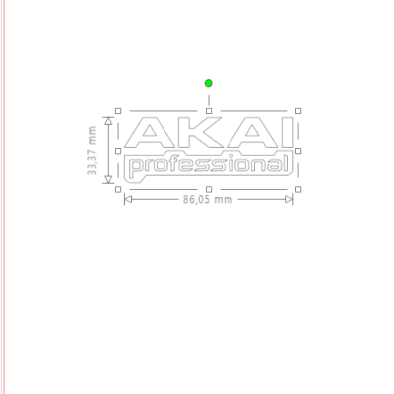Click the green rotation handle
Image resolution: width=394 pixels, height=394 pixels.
click(x=209, y=83)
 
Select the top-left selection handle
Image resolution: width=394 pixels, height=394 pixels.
click(x=118, y=111)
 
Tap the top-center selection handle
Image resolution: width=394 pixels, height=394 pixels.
click(x=209, y=111)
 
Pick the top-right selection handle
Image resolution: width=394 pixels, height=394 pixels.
click(x=298, y=111)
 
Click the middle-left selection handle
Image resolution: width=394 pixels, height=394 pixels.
click(x=118, y=150)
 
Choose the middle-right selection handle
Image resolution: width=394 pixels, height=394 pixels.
click(x=298, y=150)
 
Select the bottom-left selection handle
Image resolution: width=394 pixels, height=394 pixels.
click(x=118, y=188)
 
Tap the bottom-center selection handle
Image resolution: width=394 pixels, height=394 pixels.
click(x=209, y=188)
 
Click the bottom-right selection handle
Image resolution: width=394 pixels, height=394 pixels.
click(x=298, y=188)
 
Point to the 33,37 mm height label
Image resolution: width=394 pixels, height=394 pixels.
click(x=92, y=152)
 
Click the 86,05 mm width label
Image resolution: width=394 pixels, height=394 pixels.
click(x=208, y=200)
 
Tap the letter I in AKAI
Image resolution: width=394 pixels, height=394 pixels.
click(x=284, y=135)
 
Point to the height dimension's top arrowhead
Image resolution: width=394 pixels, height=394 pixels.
click(x=108, y=122)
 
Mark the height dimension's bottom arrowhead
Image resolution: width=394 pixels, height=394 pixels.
click(x=108, y=179)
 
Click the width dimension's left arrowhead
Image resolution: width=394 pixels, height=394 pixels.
click(x=128, y=200)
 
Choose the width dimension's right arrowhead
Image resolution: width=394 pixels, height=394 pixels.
click(x=289, y=200)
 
